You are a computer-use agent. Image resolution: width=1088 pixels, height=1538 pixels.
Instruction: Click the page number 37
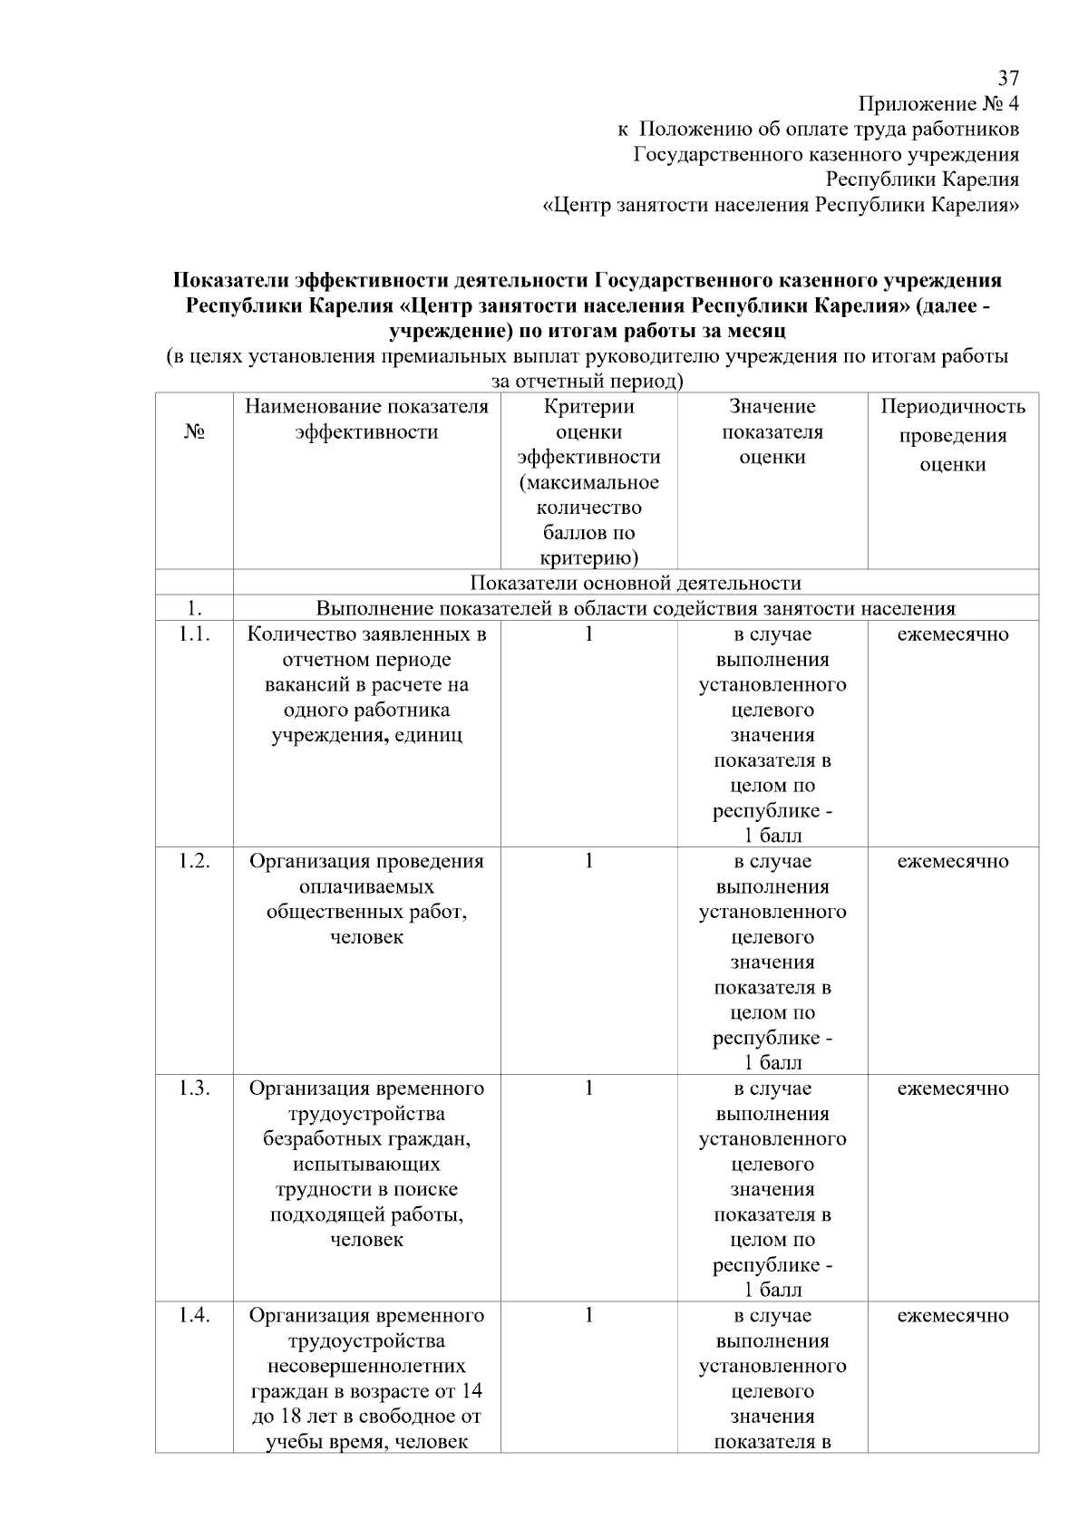[1008, 78]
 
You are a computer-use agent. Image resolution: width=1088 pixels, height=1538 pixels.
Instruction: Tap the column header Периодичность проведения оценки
[953, 435]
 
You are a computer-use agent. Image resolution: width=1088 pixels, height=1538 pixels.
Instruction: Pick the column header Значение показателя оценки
[772, 431]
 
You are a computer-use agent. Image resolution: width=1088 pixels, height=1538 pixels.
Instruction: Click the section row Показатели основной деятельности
[636, 583]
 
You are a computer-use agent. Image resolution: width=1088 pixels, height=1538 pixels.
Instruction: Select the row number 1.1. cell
[194, 634]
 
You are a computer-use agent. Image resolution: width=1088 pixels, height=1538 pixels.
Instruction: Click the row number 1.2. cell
[194, 861]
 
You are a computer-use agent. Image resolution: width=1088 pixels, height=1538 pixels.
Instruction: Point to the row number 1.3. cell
[194, 1088]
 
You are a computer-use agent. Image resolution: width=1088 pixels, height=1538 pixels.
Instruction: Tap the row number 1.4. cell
[194, 1315]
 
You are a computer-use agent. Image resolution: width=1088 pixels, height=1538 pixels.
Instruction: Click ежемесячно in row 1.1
[953, 634]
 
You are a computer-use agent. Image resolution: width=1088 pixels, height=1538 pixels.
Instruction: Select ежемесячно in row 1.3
[953, 1088]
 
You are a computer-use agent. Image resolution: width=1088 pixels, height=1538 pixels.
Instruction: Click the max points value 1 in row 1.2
[588, 861]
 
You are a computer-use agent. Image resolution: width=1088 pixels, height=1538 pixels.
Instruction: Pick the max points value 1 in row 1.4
[588, 1315]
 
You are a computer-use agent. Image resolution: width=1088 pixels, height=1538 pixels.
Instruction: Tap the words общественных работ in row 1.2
[366, 912]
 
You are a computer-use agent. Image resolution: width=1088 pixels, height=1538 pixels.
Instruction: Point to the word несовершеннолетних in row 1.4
[366, 1366]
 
